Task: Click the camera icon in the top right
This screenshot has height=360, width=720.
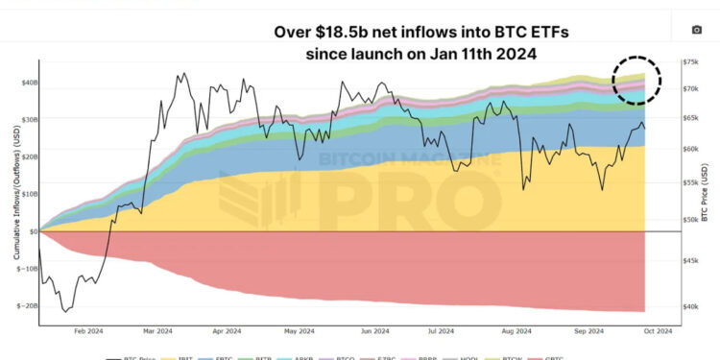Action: tap(697, 30)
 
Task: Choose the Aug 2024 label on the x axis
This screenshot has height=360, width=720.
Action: tap(516, 331)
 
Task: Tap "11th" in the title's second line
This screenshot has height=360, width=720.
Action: tap(486, 54)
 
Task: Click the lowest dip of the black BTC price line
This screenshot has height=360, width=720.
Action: tap(66, 311)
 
